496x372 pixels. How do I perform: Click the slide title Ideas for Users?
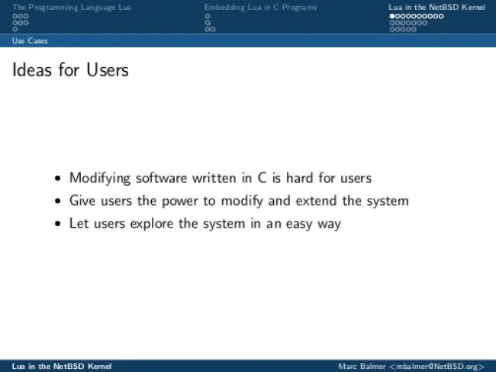70,70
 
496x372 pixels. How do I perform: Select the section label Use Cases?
30,40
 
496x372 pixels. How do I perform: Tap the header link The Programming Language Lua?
72,8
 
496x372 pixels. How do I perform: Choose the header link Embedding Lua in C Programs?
260,8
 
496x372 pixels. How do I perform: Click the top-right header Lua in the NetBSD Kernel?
436,8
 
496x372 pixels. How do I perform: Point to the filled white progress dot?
392,16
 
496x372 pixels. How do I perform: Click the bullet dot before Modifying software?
57,178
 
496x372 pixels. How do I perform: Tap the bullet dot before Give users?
57,201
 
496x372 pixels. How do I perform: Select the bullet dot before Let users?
57,224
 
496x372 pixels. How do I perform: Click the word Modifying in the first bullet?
100,178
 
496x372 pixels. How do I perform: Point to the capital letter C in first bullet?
262,178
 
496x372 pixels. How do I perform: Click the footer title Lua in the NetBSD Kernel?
62,367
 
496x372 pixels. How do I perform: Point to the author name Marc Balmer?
362,367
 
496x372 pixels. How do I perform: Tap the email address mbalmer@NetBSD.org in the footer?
437,367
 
